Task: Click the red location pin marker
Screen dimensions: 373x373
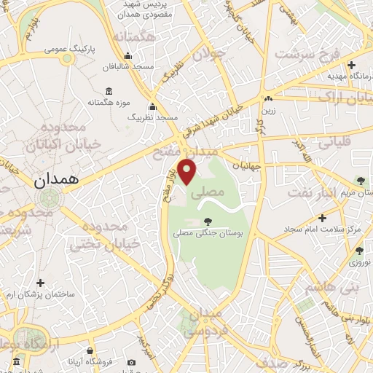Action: [188, 170]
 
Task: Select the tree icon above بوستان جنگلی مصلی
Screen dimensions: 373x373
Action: [209, 221]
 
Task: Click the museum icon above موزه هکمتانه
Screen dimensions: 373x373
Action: [109, 91]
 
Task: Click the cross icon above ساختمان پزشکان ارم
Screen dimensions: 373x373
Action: [40, 283]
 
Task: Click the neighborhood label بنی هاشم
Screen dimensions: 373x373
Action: [323, 288]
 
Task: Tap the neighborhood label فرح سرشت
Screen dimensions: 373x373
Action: [305, 56]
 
